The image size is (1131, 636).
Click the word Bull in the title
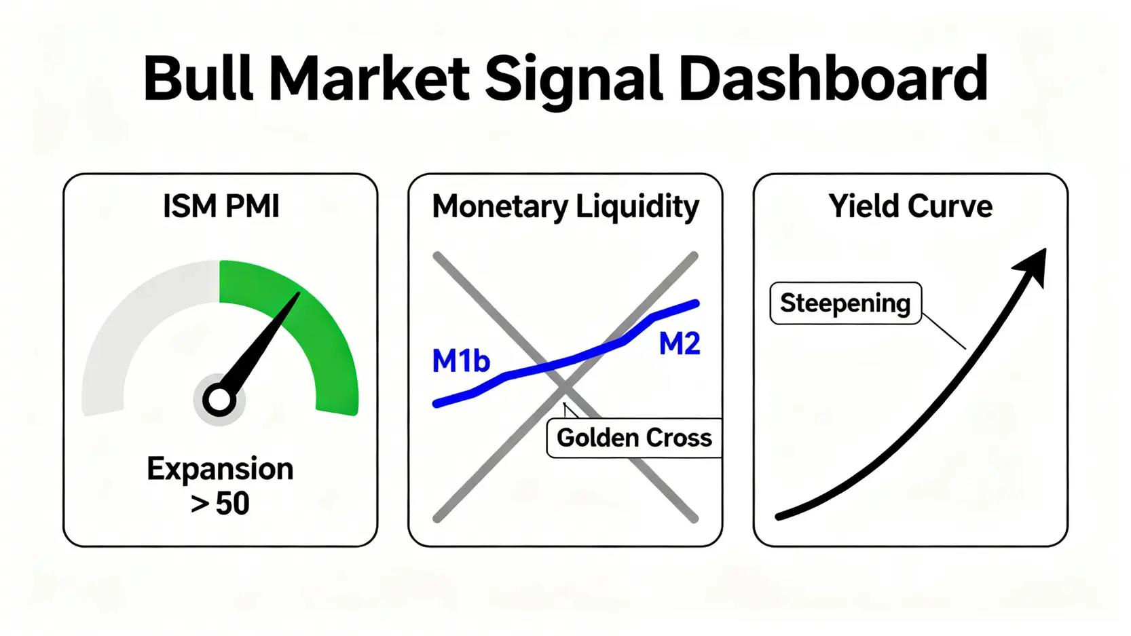(x=198, y=79)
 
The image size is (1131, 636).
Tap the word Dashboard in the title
(x=832, y=79)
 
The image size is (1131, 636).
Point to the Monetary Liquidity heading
(x=565, y=208)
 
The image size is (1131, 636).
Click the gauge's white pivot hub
(x=219, y=400)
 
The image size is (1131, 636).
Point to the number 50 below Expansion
(x=233, y=503)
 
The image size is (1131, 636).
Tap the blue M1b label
(x=461, y=361)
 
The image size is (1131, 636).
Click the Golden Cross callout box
(x=634, y=438)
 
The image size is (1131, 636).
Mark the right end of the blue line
(x=697, y=303)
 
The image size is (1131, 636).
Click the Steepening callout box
(x=846, y=303)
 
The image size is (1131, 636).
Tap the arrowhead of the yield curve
(x=1032, y=267)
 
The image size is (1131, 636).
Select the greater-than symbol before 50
(x=200, y=504)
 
